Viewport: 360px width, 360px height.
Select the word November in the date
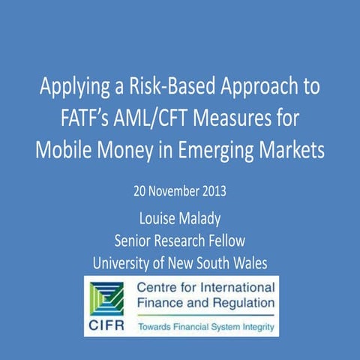166,190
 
